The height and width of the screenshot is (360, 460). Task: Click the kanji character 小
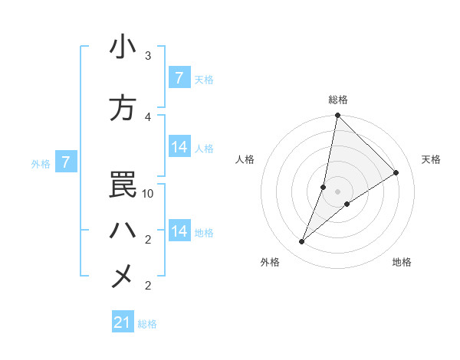(x=123, y=47)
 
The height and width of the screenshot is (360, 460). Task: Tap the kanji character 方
(x=123, y=108)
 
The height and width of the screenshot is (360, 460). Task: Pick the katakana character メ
(x=123, y=277)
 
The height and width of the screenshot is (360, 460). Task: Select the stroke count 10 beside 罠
(x=148, y=194)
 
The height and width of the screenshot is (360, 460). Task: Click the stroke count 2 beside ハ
(x=148, y=240)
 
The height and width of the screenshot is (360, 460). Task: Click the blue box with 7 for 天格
(x=179, y=77)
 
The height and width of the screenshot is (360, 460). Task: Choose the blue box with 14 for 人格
(x=179, y=147)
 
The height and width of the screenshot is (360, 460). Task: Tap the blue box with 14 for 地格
(x=179, y=231)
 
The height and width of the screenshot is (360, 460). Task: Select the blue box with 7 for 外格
(x=66, y=162)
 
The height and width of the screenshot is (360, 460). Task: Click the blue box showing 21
(x=123, y=322)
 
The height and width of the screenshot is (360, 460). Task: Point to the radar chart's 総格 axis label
(x=338, y=100)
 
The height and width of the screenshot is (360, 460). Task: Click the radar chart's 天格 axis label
(x=431, y=159)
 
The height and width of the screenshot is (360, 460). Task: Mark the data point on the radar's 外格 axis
(x=302, y=242)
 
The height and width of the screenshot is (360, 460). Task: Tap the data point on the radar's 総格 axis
(x=338, y=116)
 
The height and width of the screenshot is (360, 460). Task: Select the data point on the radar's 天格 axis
(x=396, y=173)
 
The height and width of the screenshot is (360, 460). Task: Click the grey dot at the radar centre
(x=338, y=191)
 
